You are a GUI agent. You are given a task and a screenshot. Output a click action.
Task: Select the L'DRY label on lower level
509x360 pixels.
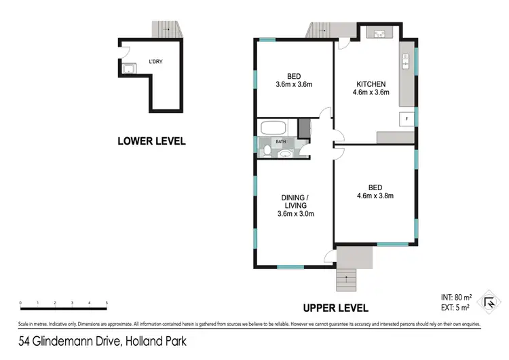155,60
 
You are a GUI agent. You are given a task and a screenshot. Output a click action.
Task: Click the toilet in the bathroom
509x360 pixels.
268,149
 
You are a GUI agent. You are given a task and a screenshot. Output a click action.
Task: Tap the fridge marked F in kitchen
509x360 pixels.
406,118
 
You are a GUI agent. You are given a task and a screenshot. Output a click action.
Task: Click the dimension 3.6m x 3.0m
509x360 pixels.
295,214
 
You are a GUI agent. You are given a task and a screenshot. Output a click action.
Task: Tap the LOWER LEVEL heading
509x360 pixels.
151,141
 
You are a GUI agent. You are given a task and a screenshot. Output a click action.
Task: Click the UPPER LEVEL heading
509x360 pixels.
335,308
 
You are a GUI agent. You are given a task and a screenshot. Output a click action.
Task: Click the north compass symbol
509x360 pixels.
489,302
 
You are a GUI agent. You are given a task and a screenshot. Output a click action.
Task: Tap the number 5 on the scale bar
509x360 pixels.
107,303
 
